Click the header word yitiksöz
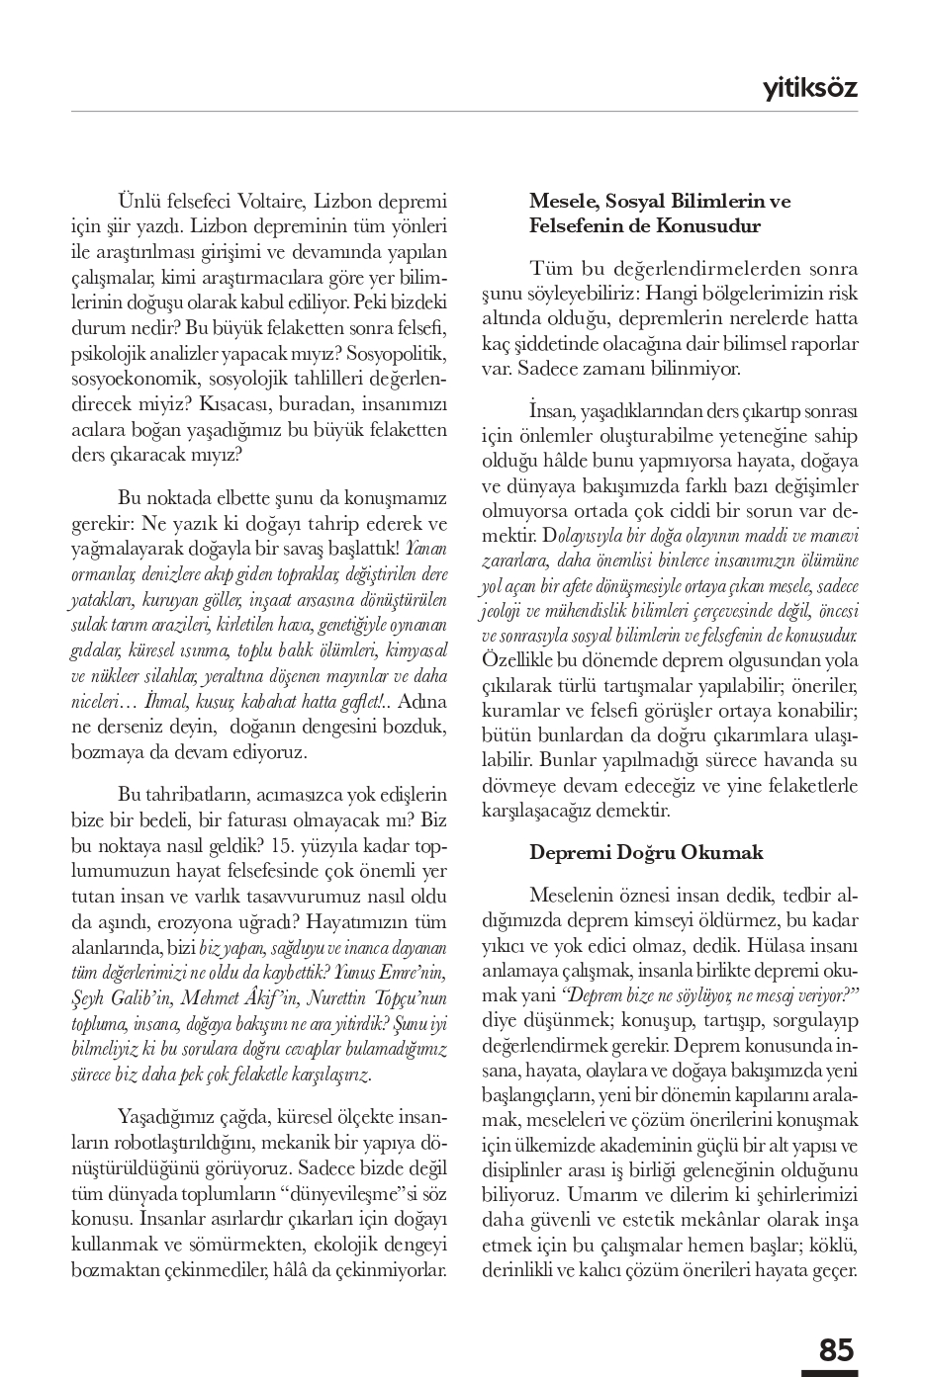coord(809,89)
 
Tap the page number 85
coord(836,1349)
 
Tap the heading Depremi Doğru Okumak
coord(632,851)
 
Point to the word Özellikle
coord(518,660)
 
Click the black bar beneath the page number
coord(829,1372)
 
